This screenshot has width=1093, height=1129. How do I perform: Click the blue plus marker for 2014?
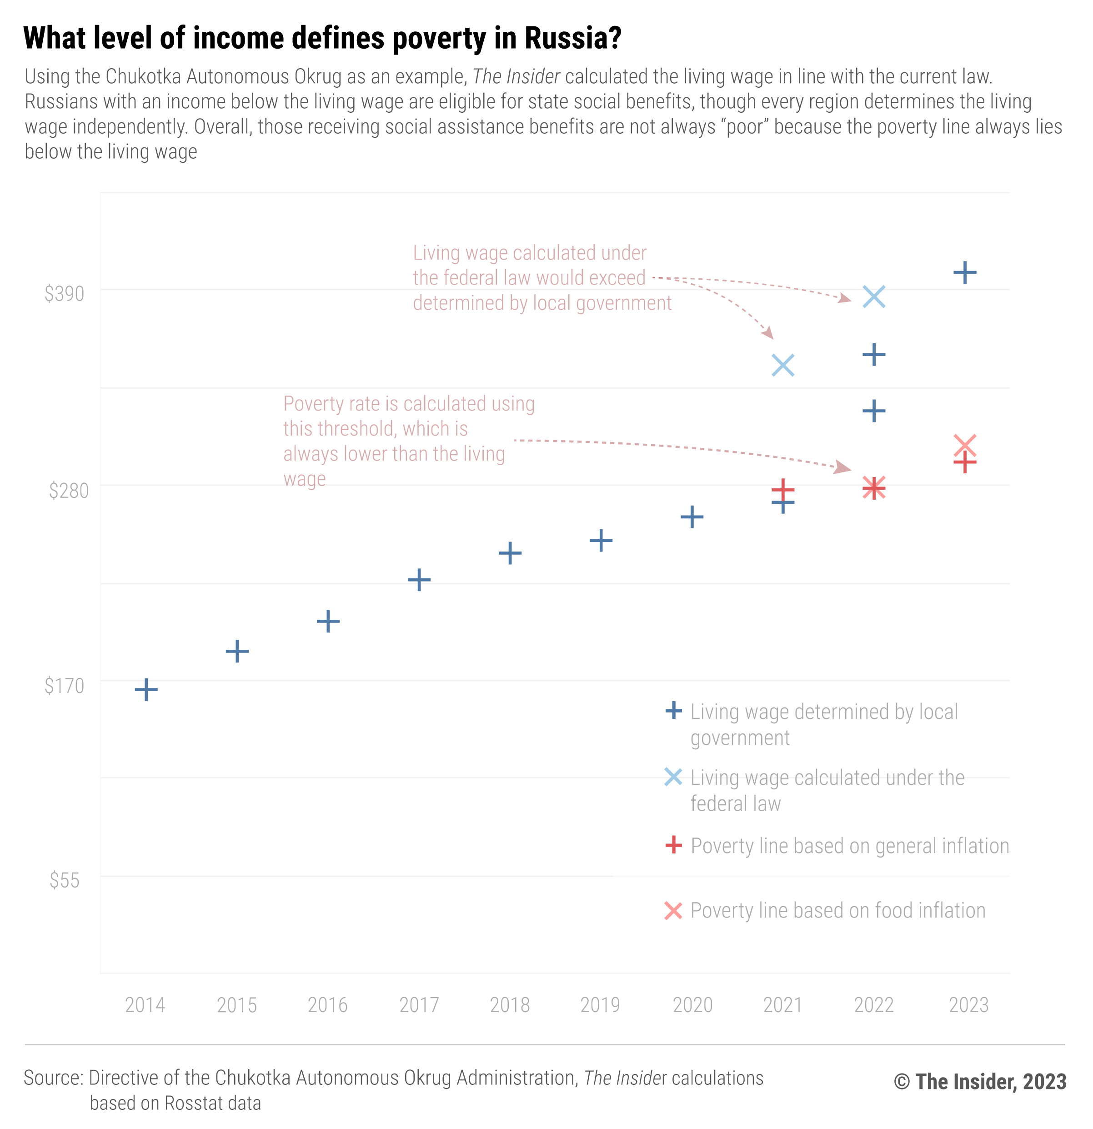pyautogui.click(x=146, y=689)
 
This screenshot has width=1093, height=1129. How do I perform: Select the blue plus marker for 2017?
pyautogui.click(x=419, y=579)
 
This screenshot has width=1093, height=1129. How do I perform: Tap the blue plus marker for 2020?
pyautogui.click(x=692, y=517)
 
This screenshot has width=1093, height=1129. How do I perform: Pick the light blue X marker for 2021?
pyautogui.click(x=782, y=365)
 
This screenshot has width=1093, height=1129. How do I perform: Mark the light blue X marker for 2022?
pyautogui.click(x=873, y=296)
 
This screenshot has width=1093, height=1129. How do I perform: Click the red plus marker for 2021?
pyautogui.click(x=782, y=490)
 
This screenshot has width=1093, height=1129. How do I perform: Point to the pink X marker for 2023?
pyautogui.click(x=965, y=445)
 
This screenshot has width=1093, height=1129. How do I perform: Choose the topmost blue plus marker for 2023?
pyautogui.click(x=965, y=272)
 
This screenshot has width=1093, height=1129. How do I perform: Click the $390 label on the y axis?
pyautogui.click(x=65, y=294)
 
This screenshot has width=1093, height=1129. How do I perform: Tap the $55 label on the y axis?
pyautogui.click(x=65, y=880)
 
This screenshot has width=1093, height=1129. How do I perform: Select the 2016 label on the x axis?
pyautogui.click(x=328, y=1005)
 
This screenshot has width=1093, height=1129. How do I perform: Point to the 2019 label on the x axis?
pyautogui.click(x=600, y=1005)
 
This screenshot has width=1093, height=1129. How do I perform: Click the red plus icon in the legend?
pyautogui.click(x=673, y=846)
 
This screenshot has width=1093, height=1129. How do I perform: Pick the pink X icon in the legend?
pyautogui.click(x=673, y=911)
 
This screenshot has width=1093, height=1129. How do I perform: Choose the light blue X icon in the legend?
pyautogui.click(x=673, y=777)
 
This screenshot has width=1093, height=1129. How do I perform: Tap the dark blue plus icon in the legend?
pyautogui.click(x=673, y=711)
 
